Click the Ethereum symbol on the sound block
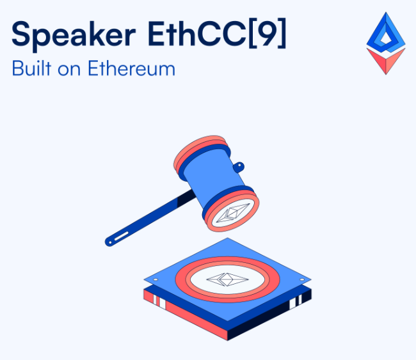(227, 279)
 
